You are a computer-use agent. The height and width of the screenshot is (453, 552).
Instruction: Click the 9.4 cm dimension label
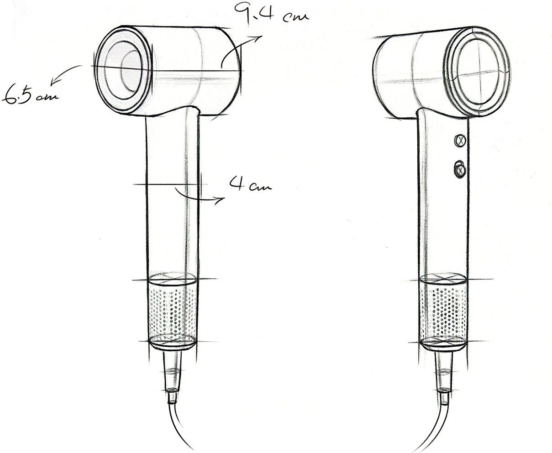pos(272,13)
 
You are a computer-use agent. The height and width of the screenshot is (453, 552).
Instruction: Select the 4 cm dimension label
pos(251,183)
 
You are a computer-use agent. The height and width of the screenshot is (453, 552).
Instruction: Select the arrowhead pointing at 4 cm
pos(220,200)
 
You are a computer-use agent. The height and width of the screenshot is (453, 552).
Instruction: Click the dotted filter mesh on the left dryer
pos(173,312)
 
